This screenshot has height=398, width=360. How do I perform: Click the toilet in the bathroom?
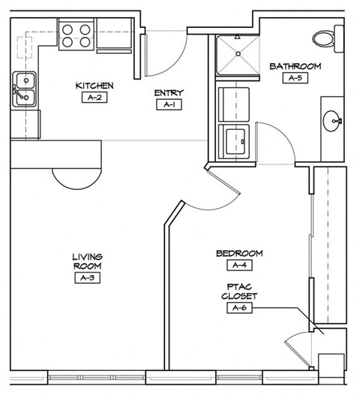[x=325, y=38]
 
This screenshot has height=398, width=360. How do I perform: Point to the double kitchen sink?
[x=24, y=88]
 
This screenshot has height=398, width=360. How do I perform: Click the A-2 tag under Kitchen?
[x=94, y=98]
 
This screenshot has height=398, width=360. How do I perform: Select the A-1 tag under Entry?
[x=168, y=105]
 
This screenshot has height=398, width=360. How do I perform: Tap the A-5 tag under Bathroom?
[x=295, y=78]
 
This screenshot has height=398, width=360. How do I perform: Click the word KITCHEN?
[x=94, y=86]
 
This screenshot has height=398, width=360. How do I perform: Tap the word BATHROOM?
[x=295, y=66]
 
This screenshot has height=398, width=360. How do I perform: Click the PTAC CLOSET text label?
[x=239, y=291]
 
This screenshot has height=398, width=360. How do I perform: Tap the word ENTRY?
[x=168, y=93]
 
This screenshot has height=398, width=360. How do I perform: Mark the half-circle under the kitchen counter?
[x=75, y=176]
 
